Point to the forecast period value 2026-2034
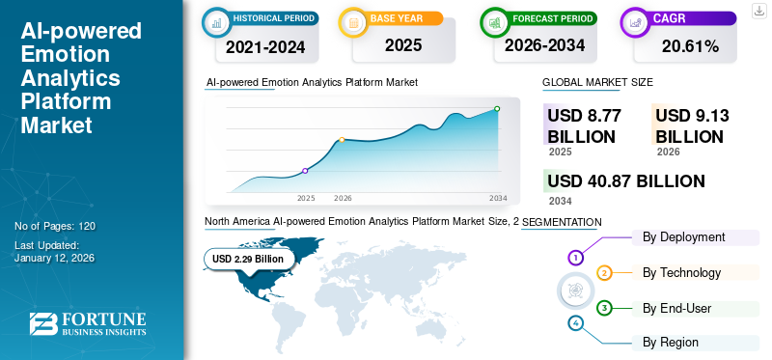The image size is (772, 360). point(546,45)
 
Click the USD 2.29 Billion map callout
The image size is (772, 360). point(248,259)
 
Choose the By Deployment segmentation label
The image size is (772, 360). point(684,237)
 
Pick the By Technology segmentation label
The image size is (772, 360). point(681,273)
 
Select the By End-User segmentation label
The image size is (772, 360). point(677,308)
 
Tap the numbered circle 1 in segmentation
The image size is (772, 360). point(576,258)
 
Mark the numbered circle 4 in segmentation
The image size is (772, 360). point(576,322)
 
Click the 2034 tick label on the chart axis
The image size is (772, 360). point(498,198)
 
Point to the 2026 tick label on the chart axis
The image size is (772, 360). point(343,198)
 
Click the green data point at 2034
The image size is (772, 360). point(497,109)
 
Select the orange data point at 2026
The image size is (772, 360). point(342,140)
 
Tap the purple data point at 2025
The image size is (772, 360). point(306,171)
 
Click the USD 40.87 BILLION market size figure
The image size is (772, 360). point(626,180)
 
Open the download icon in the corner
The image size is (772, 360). point(758,11)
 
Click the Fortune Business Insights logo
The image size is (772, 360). point(88,324)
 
